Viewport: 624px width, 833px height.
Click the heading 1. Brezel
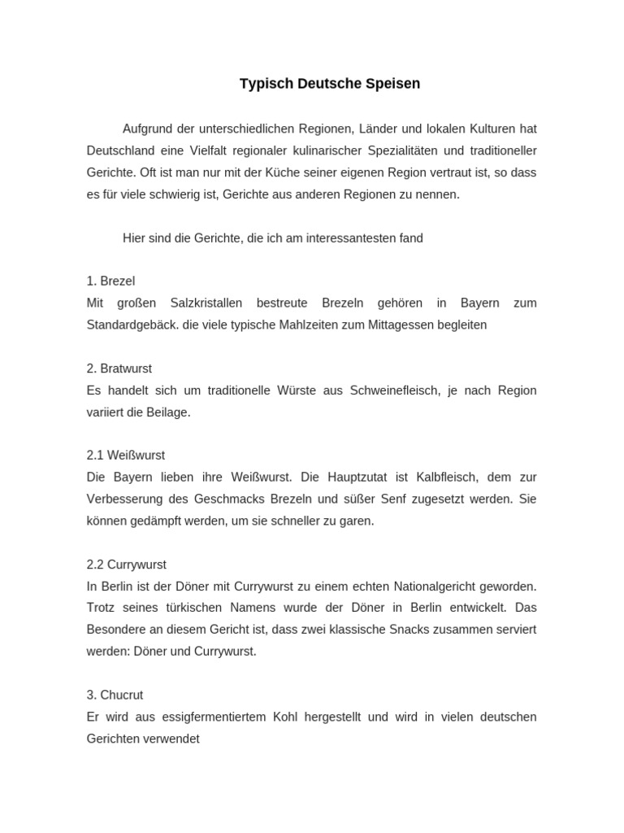[x=110, y=281]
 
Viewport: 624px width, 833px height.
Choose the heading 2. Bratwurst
[x=119, y=369]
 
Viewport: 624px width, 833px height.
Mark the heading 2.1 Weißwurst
[x=126, y=456]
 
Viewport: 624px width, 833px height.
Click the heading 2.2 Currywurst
[x=127, y=565]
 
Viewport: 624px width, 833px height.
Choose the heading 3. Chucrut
[x=115, y=696]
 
